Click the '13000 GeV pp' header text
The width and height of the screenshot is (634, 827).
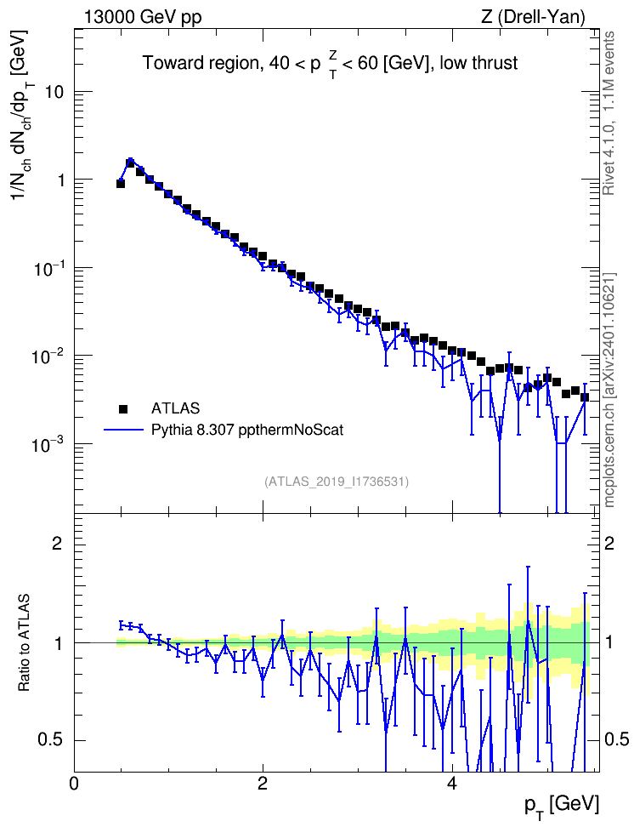tap(142, 17)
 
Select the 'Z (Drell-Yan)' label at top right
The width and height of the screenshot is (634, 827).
tap(533, 17)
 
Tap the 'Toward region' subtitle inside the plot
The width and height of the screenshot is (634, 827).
tap(330, 64)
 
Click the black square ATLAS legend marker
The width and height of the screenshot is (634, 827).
tap(123, 408)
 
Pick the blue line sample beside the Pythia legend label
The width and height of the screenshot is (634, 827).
tap(123, 430)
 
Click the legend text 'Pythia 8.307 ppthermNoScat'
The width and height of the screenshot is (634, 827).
tap(247, 430)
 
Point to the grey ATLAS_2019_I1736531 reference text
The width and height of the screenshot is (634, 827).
tap(337, 481)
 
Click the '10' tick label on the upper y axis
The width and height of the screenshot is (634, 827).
tap(52, 92)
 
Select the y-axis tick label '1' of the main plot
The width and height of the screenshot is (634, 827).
tap(59, 180)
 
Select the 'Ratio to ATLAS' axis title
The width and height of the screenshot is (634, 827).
tap(23, 643)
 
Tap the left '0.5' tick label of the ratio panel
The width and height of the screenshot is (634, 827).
tap(52, 740)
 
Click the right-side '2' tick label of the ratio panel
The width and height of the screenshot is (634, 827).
tap(609, 544)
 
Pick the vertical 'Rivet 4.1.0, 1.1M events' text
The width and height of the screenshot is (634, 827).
tap(609, 113)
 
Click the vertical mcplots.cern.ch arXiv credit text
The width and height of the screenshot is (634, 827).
tap(609, 391)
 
